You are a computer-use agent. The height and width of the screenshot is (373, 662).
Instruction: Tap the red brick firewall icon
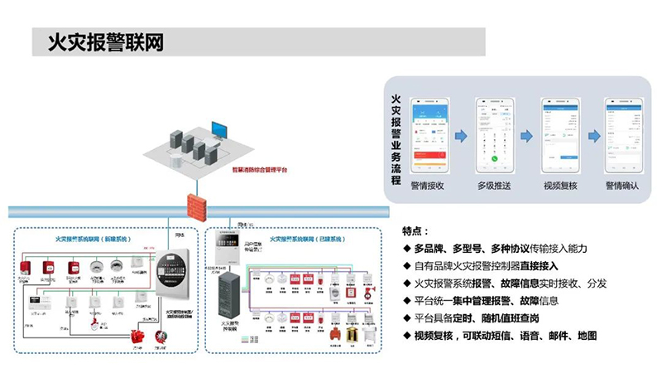pos(195,203)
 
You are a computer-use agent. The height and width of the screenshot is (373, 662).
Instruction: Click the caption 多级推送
pos(495,186)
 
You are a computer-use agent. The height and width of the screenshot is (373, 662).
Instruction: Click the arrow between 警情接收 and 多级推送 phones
pos(460,135)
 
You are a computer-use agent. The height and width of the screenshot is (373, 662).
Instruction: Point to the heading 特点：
pos(415,230)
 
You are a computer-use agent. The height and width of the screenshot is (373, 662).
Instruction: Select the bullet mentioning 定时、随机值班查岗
pos(496,318)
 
